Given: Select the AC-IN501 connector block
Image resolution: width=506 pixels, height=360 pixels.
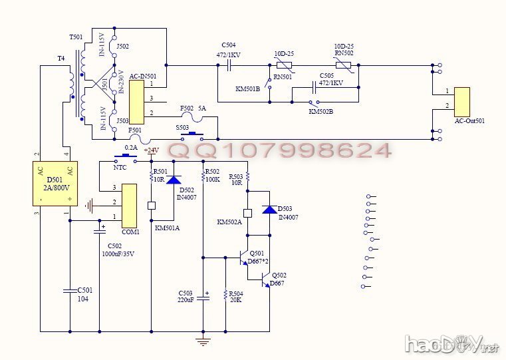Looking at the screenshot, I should [136, 100].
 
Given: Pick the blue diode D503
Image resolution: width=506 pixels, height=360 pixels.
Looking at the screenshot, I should [269, 209].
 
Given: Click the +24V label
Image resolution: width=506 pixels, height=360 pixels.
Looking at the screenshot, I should [151, 150].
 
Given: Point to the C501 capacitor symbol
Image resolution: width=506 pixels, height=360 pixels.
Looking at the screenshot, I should [69, 290].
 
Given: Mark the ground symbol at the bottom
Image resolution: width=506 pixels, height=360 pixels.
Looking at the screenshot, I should [203, 342].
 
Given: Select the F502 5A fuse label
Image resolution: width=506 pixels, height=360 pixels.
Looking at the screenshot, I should [193, 107].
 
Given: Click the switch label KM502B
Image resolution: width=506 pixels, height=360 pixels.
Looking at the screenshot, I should [320, 111].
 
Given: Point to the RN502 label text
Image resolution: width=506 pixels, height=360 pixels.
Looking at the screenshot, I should [343, 53].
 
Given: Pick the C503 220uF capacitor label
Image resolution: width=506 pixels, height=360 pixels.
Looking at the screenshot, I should [186, 296].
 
